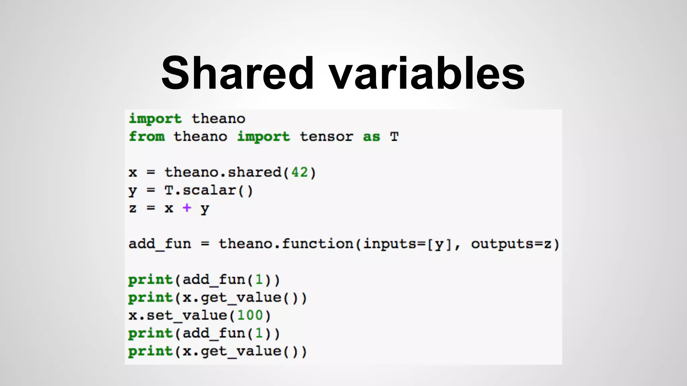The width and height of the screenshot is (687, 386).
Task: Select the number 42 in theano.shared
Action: [300, 172]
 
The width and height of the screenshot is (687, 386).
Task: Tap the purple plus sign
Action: [187, 208]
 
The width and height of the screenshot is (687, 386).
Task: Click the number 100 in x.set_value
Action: [250, 315]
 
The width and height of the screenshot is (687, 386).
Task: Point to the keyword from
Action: [147, 137]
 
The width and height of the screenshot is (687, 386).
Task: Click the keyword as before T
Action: [371, 137]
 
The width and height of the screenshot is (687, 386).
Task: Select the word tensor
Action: [326, 137]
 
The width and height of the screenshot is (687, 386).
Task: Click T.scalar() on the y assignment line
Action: [208, 190]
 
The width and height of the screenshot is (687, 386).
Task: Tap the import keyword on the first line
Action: [155, 119]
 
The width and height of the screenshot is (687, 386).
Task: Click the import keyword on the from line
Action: [263, 137]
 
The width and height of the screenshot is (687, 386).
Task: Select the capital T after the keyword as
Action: [394, 137]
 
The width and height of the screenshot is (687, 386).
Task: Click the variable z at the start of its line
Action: [133, 208]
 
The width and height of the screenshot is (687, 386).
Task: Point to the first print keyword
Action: [150, 279]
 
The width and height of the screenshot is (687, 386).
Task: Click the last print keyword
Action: [150, 351]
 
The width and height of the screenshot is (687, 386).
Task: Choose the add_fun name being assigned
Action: [160, 244]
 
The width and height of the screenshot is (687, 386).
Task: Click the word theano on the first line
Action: [218, 119]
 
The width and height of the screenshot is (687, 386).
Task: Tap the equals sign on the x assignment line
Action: [151, 173]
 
